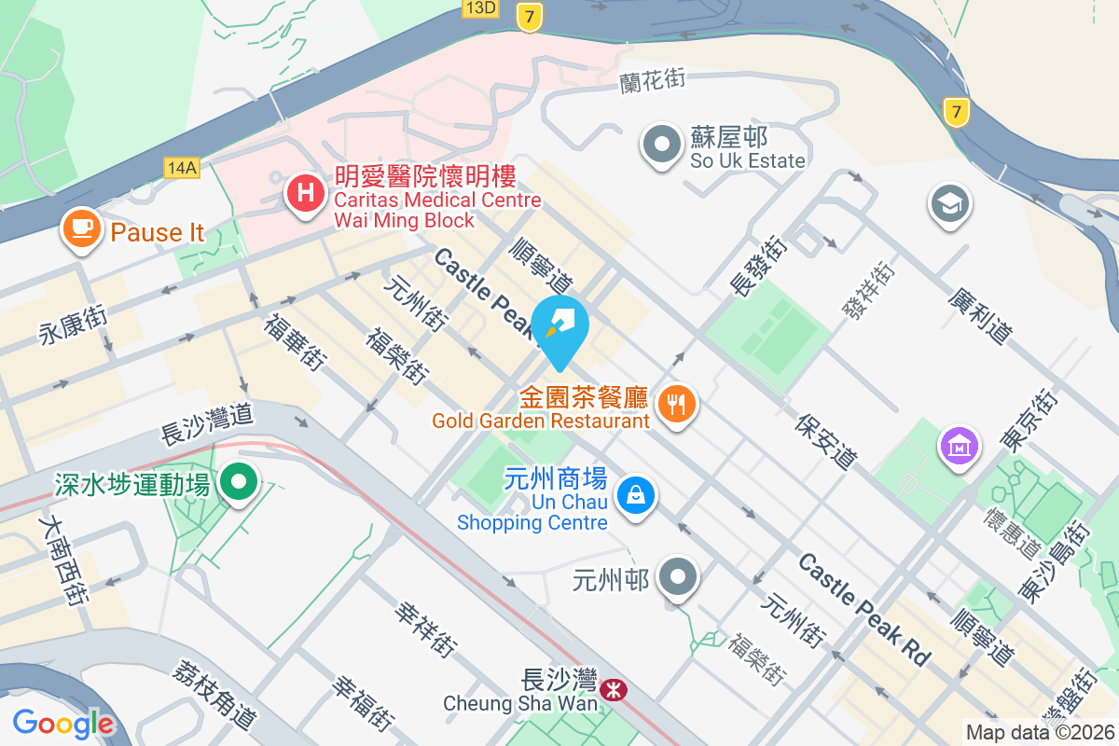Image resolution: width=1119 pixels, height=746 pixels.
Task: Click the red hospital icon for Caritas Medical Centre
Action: (x=304, y=193)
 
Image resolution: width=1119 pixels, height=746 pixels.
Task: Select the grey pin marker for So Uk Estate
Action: (x=662, y=145)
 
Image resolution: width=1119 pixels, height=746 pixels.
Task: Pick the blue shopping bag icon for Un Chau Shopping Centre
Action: (x=637, y=494)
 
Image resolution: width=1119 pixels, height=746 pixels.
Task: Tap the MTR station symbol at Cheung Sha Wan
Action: (x=614, y=691)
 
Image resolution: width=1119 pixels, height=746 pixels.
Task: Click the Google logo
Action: (x=62, y=724)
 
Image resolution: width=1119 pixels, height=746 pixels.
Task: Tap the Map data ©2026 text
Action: (x=1039, y=733)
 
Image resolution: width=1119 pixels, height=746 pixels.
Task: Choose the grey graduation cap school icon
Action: (x=950, y=204)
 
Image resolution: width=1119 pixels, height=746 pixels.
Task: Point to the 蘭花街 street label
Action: (x=653, y=80)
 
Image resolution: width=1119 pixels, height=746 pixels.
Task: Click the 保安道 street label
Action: (x=826, y=442)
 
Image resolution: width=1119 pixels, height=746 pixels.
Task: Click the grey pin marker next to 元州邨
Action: (x=679, y=577)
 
